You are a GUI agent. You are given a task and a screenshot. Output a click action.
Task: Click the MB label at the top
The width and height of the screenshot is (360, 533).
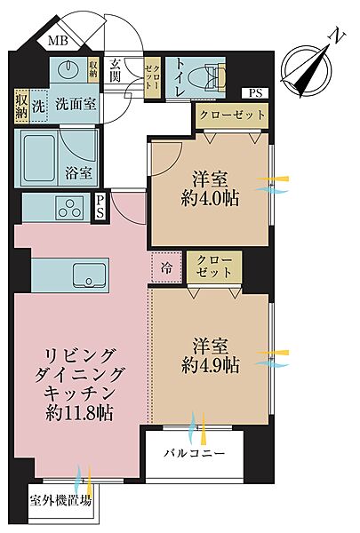[x=58, y=41]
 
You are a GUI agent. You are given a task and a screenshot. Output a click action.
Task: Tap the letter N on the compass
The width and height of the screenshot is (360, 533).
[x=336, y=36]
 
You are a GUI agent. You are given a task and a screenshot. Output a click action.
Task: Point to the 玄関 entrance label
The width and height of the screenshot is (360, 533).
[x=117, y=70]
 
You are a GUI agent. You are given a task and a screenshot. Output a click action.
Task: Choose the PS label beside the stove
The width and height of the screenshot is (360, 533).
[x=100, y=207]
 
